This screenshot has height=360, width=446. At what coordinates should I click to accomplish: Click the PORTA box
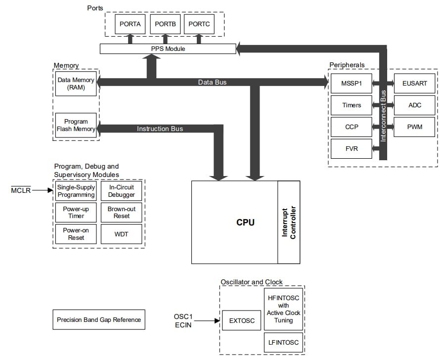[x=130, y=24]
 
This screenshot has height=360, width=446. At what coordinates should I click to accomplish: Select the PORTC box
[x=199, y=24]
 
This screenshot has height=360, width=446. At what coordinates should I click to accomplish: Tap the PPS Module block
[x=168, y=49]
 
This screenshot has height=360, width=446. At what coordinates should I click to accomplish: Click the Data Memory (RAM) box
[x=76, y=84]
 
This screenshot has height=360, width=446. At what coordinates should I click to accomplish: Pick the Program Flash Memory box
[x=76, y=126]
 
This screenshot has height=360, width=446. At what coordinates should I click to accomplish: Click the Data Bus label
[x=212, y=82]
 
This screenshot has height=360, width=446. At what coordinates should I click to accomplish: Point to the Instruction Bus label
[x=160, y=129]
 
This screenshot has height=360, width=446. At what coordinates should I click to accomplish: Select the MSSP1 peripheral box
[x=351, y=84]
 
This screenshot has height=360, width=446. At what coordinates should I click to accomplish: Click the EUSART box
[x=414, y=84]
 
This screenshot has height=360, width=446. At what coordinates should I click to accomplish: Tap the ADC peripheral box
[x=414, y=105]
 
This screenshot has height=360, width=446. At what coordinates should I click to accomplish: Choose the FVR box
[x=351, y=148]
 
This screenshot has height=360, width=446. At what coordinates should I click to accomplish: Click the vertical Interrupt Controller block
[x=289, y=222]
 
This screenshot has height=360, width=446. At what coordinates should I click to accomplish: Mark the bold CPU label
[x=245, y=223]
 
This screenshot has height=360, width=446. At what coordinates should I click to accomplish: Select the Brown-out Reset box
[x=121, y=213]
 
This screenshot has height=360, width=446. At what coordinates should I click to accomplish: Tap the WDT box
[x=121, y=234]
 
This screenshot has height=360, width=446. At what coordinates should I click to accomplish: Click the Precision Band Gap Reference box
[x=99, y=320]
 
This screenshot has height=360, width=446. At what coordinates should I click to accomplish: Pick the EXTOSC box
[x=242, y=321]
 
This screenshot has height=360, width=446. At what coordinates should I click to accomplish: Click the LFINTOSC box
[x=283, y=343]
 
